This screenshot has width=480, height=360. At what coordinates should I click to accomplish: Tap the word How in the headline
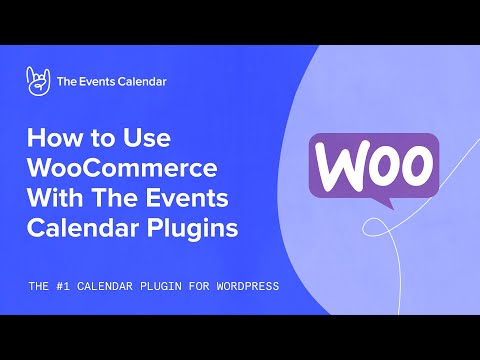point(53,135)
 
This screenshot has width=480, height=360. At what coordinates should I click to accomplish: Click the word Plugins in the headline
point(195,228)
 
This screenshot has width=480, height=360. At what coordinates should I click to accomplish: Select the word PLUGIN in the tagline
point(160,286)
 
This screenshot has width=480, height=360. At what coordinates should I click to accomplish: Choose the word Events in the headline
point(203,197)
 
